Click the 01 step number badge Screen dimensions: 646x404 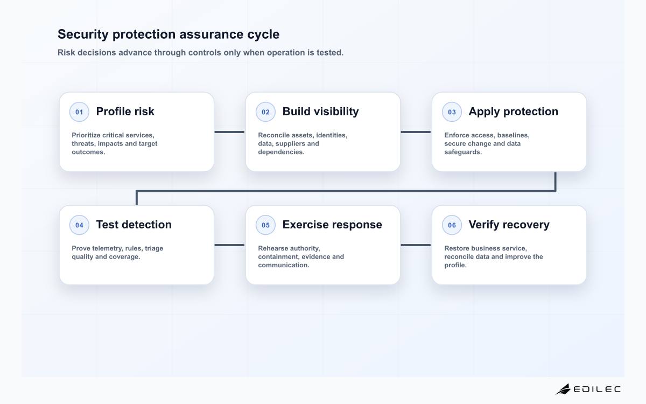(79, 112)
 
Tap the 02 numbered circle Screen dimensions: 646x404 (265, 112)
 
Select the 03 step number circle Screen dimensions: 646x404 (452, 112)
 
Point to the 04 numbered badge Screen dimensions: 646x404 (79, 225)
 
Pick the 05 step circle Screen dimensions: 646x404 (265, 225)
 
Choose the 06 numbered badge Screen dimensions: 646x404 (452, 225)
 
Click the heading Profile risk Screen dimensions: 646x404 (125, 112)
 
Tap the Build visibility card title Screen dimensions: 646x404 (320, 112)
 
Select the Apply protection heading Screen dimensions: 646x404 (514, 112)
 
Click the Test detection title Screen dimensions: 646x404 (134, 225)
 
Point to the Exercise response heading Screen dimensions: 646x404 (332, 225)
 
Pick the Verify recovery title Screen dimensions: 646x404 (509, 225)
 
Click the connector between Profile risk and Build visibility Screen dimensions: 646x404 (229, 132)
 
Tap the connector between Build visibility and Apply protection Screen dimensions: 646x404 (416, 132)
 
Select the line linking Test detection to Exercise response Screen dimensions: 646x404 (229, 245)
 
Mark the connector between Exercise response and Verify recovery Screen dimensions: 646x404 (416, 245)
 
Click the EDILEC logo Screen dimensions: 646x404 (588, 389)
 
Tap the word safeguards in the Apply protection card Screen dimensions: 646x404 (463, 152)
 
